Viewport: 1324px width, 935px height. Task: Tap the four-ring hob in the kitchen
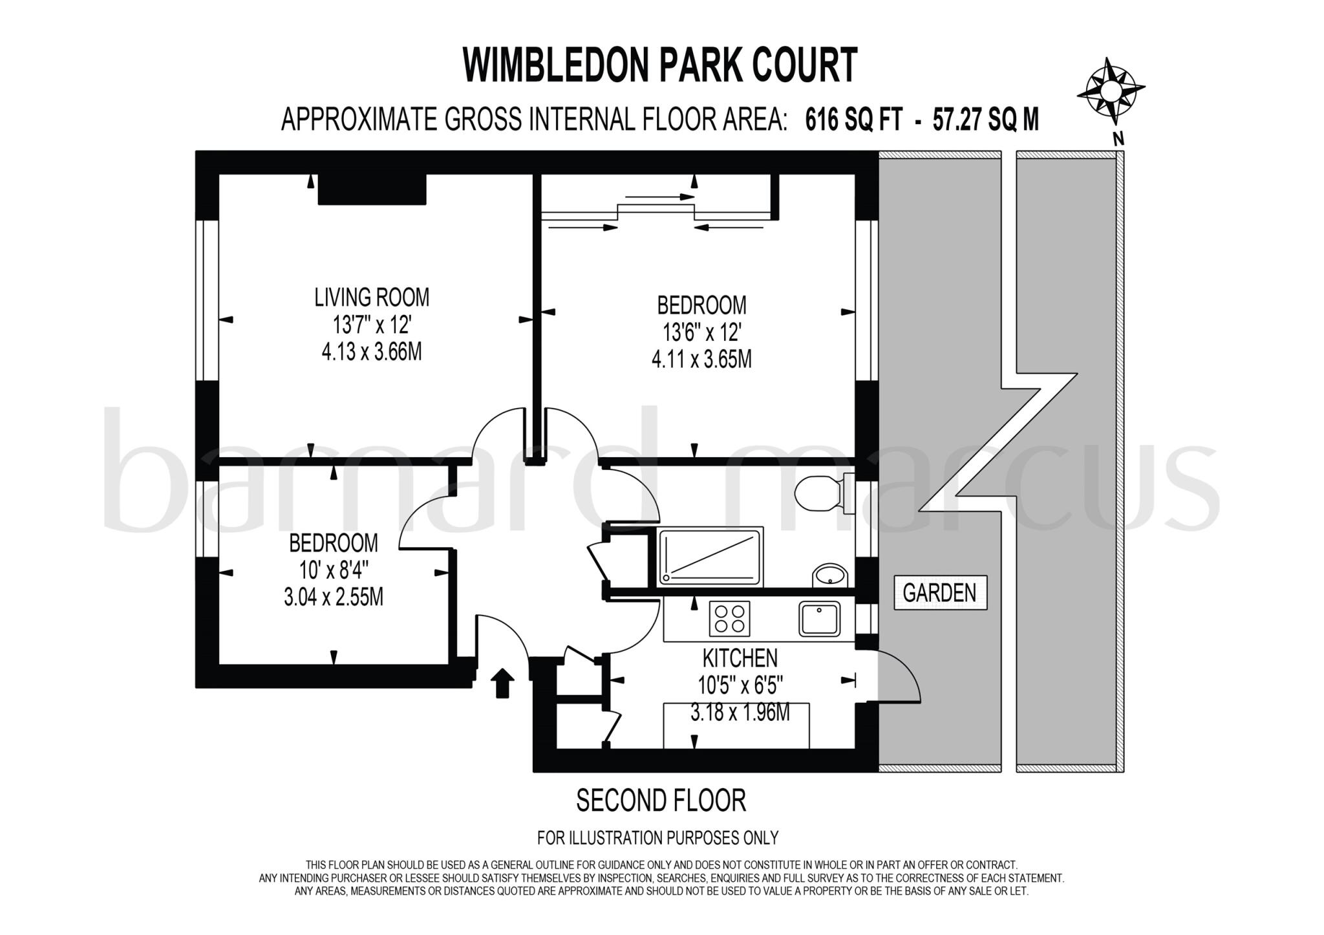click(730, 618)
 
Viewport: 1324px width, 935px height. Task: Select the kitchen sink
click(819, 619)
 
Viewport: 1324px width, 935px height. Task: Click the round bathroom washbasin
click(830, 575)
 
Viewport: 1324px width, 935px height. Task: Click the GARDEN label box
click(940, 592)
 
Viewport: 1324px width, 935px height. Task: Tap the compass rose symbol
click(1110, 91)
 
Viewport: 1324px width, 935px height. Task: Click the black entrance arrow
click(503, 683)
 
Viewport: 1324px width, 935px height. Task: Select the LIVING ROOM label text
click(372, 297)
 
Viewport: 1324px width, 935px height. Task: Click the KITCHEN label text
click(740, 658)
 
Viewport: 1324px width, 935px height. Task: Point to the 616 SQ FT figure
click(853, 120)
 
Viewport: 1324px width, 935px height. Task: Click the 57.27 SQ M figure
click(985, 120)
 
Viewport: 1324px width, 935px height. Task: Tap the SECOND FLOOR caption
click(661, 801)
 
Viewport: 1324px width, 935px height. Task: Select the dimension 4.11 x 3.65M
click(701, 359)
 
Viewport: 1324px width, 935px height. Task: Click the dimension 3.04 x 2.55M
click(334, 597)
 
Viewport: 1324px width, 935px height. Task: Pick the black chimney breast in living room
click(372, 189)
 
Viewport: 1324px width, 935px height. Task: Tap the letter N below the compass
click(1118, 138)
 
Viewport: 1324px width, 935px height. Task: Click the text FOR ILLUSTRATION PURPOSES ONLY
click(657, 837)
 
